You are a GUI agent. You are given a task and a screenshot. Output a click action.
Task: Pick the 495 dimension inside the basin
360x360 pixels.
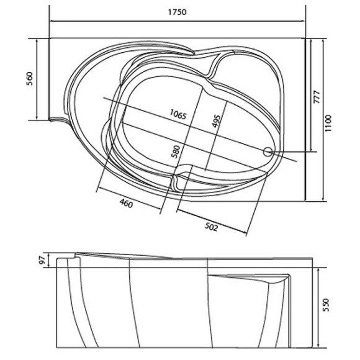[x=216, y=122]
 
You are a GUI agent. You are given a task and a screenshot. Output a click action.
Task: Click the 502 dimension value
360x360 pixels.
[x=211, y=228]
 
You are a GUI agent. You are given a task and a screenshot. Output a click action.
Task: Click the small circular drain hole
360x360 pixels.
[x=268, y=151]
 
